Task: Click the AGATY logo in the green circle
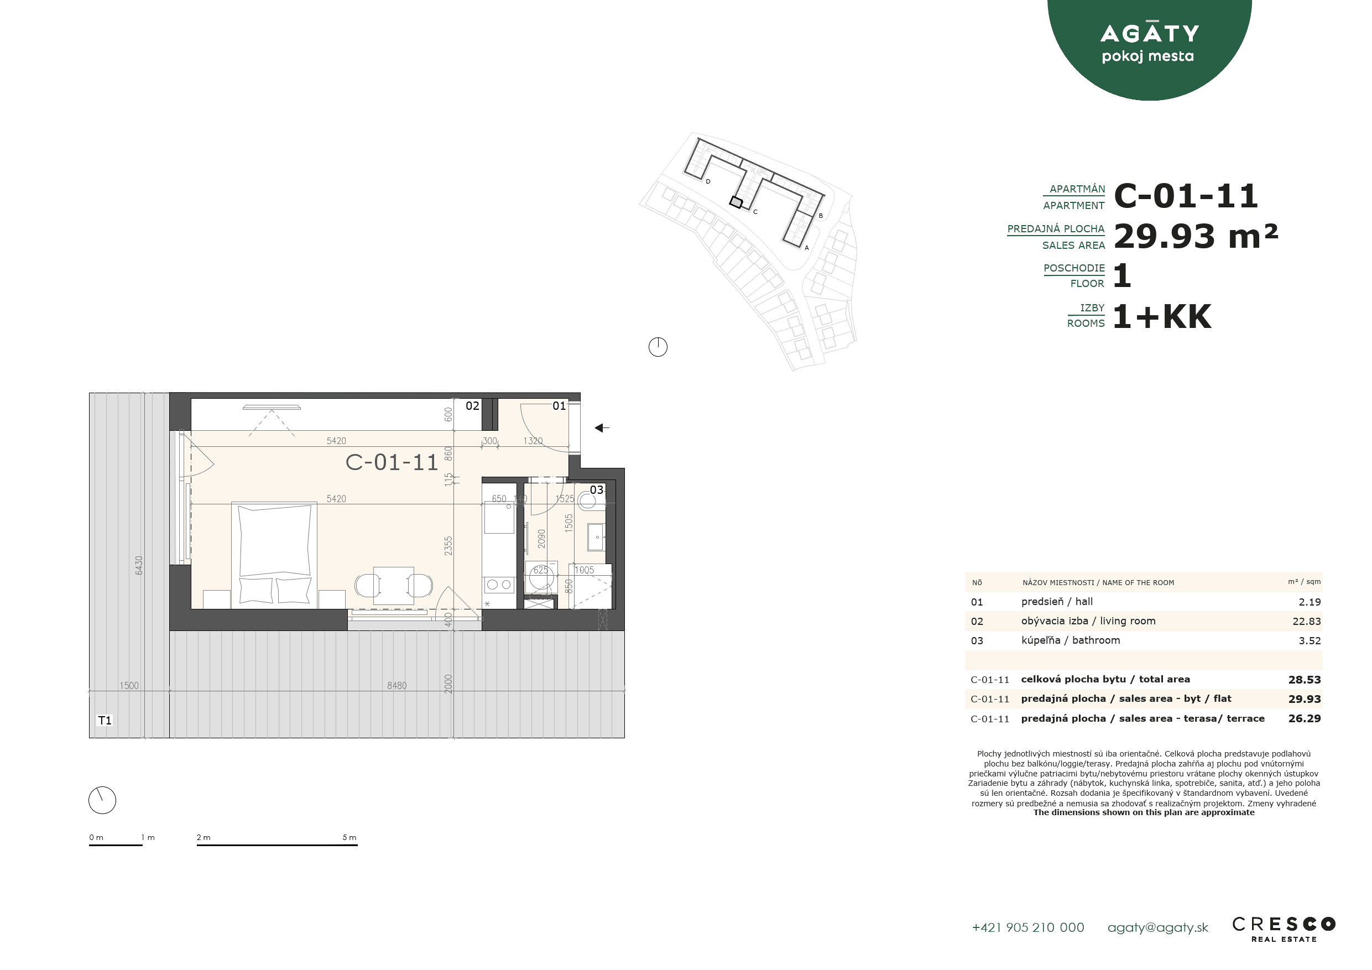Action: tap(1149, 43)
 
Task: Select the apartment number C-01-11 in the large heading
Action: tap(1186, 196)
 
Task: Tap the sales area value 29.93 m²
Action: tap(1196, 236)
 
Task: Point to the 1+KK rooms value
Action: tap(1162, 316)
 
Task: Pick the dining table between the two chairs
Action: tap(394, 586)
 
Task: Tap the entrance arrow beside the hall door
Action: tap(602, 428)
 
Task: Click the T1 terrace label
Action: tap(105, 720)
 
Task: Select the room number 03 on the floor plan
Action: tap(596, 489)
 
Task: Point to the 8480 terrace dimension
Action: tap(397, 686)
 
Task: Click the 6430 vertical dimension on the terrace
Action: tap(139, 565)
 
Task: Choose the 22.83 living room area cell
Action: tap(1306, 622)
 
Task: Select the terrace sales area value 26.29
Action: tap(1305, 718)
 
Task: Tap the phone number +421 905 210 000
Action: tap(1028, 927)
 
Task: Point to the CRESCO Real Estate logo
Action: tap(1284, 929)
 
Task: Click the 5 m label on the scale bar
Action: tap(349, 837)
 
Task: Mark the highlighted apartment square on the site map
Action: tap(736, 202)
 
